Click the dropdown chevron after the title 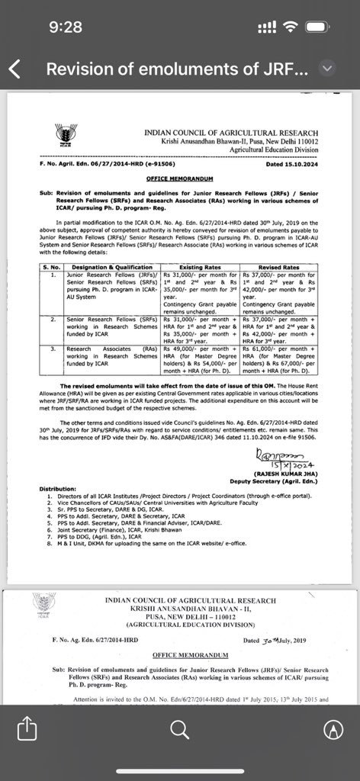(x=326, y=69)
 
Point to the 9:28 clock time (x=64, y=27)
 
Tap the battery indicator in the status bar (x=318, y=27)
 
